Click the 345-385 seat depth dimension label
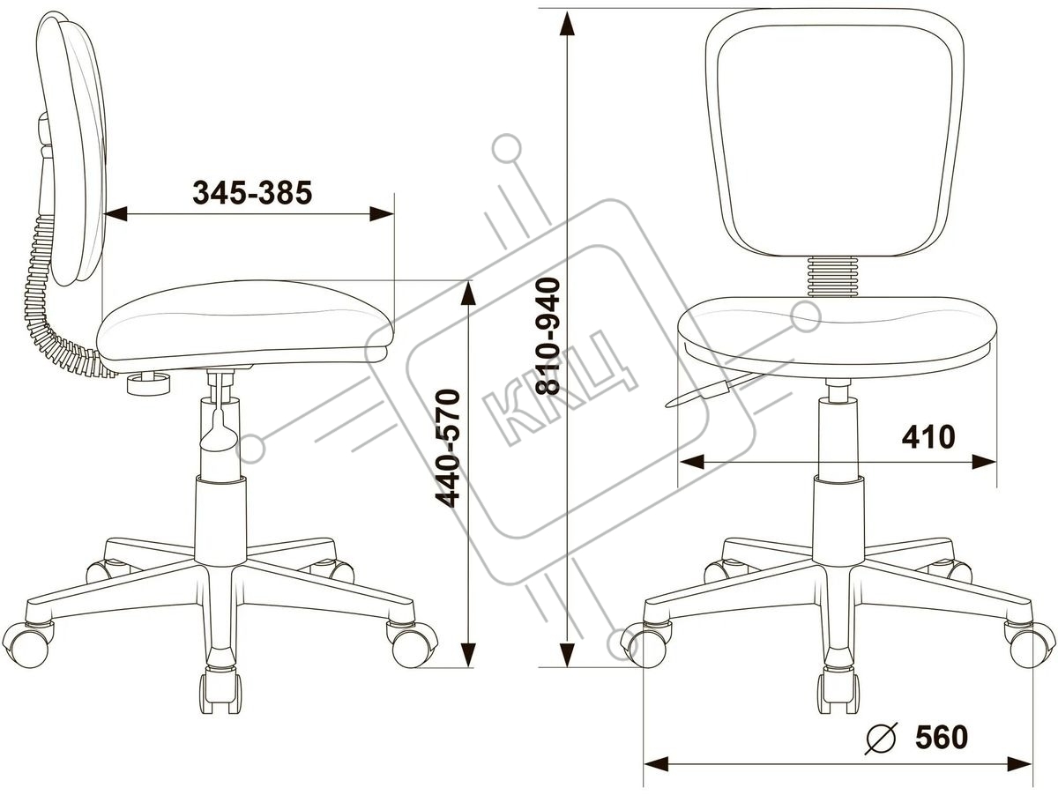coord(252,193)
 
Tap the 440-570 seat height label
coord(447,448)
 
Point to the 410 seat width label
coord(928,437)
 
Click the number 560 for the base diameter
coord(942,750)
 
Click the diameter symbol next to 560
coord(882,751)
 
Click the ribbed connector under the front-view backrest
coord(833,277)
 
